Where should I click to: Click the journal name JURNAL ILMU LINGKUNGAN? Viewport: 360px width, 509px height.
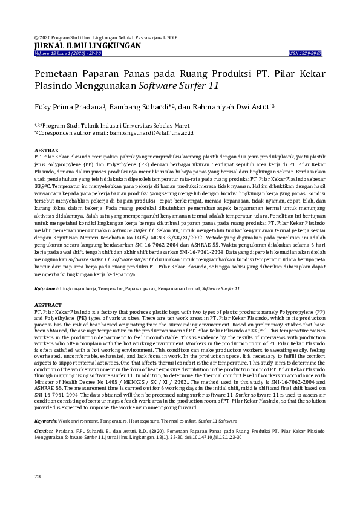pyautogui.click(x=88, y=45)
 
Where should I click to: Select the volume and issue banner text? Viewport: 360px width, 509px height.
pyautogui.click(x=68, y=53)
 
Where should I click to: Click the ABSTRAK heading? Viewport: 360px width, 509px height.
pyautogui.click(x=47, y=149)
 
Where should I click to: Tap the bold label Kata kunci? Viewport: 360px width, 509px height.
pyautogui.click(x=46, y=288)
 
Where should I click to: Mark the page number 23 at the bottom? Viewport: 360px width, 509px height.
pyautogui.click(x=38, y=477)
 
